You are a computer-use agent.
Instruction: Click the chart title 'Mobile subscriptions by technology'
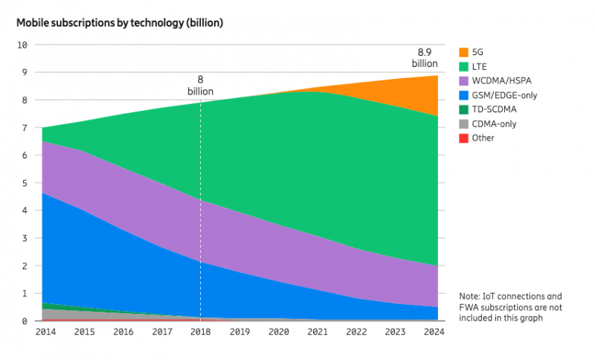pyautogui.click(x=120, y=22)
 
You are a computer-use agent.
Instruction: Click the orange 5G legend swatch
pyautogui.click(x=464, y=52)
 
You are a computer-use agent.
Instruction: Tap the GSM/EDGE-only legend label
pyautogui.click(x=505, y=95)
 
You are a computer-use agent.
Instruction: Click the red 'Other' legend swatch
pyautogui.click(x=464, y=138)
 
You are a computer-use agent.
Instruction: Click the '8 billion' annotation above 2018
pyautogui.click(x=200, y=85)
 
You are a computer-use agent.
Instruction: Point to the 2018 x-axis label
pyautogui.click(x=200, y=333)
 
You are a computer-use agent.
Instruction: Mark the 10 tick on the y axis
pyautogui.click(x=22, y=45)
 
